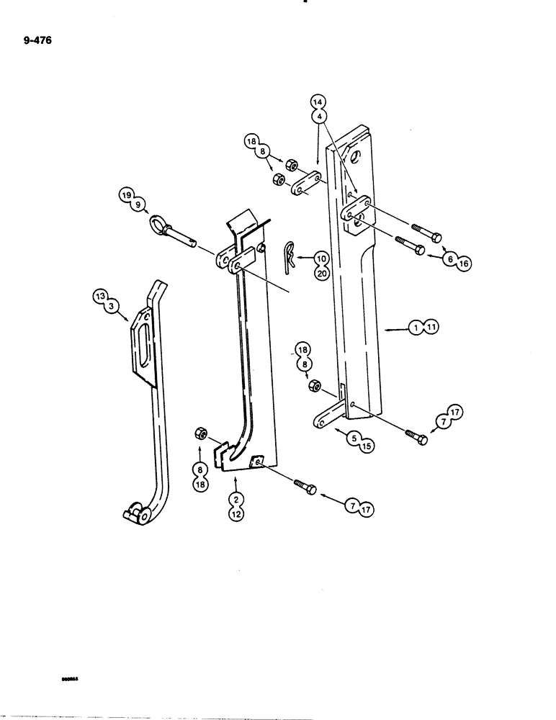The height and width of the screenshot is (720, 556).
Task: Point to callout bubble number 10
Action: click(320, 257)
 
